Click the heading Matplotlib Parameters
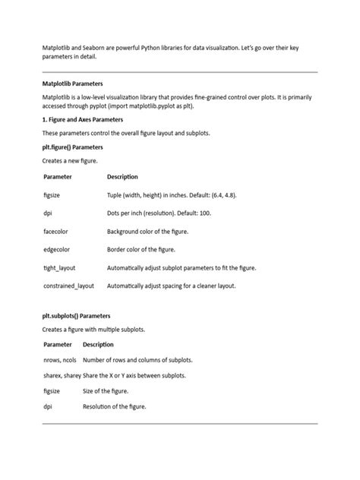coord(72,84)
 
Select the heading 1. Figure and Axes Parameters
coord(83,119)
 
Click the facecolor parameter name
coord(56,231)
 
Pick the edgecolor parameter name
coord(57,249)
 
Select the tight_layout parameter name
coord(59,268)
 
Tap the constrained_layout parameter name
coord(68,286)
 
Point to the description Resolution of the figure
coord(114,406)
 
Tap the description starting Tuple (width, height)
coord(172,194)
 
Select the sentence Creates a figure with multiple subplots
coord(93,330)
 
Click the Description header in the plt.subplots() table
coord(98,344)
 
